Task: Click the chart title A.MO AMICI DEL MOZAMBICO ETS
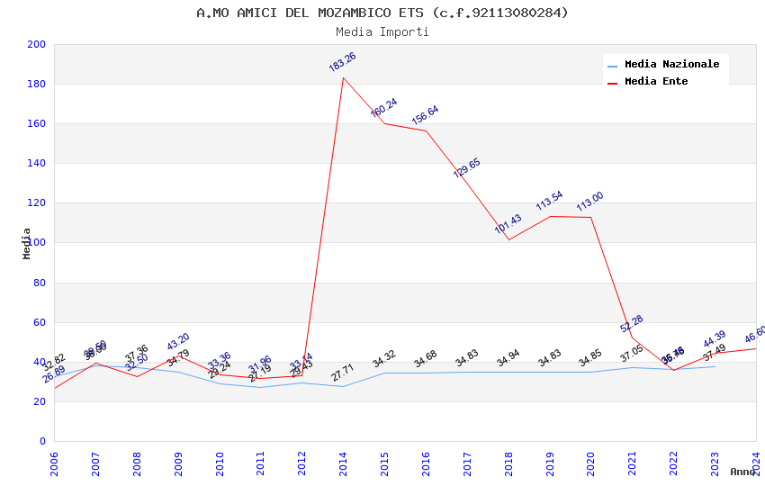(x=382, y=13)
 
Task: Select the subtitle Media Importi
(x=382, y=31)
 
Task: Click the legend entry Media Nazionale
(x=671, y=64)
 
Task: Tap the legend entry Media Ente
(x=656, y=81)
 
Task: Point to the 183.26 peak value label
(x=342, y=62)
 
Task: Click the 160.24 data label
(x=384, y=108)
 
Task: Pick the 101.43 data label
(x=508, y=224)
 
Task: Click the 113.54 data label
(x=549, y=202)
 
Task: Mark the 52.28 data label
(x=632, y=324)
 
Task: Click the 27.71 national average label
(x=343, y=373)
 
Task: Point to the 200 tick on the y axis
(x=37, y=44)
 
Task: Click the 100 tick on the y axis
(x=37, y=243)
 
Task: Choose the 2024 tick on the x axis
(x=756, y=459)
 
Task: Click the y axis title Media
(x=27, y=243)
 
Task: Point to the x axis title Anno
(x=742, y=472)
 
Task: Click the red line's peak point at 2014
(x=343, y=77)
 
